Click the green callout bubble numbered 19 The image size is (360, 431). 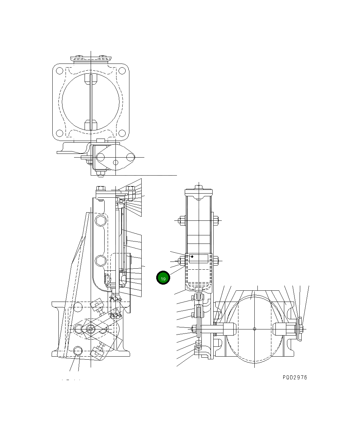click(163, 278)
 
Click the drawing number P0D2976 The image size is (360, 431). click(294, 377)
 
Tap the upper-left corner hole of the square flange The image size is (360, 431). click(59, 71)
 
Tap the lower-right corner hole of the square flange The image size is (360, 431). click(122, 133)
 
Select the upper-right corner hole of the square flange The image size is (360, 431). click(122, 71)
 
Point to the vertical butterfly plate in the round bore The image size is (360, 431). click(91, 102)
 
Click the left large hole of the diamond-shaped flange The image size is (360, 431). click(101, 157)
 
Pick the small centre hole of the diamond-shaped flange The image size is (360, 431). click(115, 162)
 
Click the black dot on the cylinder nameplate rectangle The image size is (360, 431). click(193, 256)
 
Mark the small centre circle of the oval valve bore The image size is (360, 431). click(255, 328)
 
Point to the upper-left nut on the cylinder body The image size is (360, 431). click(181, 220)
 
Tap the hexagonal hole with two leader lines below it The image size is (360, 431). click(78, 351)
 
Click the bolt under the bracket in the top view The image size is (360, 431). click(100, 175)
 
